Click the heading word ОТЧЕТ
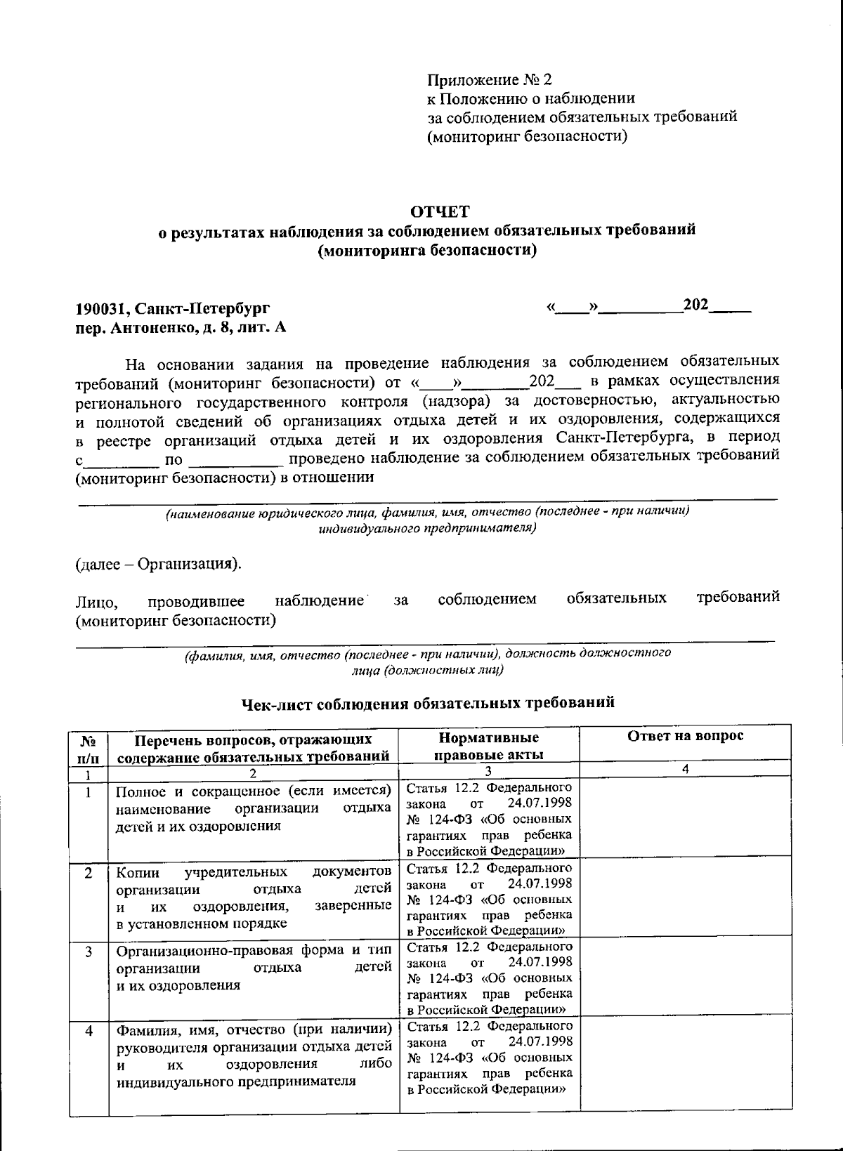pyautogui.click(x=440, y=211)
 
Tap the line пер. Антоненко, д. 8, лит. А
pyautogui.click(x=181, y=327)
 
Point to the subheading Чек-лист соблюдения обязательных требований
pyautogui.click(x=428, y=702)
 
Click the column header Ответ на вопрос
pyautogui.click(x=684, y=736)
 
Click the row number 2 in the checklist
pyautogui.click(x=89, y=873)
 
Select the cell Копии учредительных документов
pyautogui.click(x=254, y=897)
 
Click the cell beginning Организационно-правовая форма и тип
pyautogui.click(x=254, y=968)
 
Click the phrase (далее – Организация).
pyautogui.click(x=159, y=565)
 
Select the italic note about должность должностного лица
pyautogui.click(x=427, y=661)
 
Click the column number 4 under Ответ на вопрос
pyautogui.click(x=685, y=769)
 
